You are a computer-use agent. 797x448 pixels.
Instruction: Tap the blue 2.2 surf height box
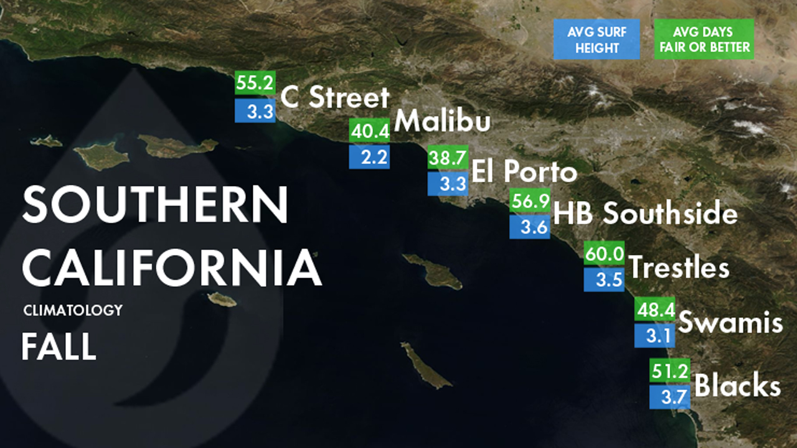369,157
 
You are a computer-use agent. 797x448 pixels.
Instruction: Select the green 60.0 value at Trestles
604,254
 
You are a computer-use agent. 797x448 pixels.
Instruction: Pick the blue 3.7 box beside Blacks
669,396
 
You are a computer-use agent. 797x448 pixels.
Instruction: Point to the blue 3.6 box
530,226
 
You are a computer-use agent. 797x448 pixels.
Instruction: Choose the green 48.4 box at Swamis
654,309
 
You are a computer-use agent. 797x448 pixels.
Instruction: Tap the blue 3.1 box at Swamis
654,336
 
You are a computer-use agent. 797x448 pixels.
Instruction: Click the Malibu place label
442,121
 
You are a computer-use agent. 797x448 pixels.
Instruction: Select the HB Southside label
645,213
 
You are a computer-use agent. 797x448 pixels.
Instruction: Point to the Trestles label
679,268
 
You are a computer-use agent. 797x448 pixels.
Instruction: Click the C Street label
335,98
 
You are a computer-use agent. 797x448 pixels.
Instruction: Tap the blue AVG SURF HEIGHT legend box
597,39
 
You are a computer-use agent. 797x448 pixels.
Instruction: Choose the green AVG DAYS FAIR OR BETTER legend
704,39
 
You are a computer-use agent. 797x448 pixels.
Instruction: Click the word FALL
59,347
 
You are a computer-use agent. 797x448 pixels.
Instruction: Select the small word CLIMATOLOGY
73,310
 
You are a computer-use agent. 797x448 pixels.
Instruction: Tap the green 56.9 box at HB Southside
530,200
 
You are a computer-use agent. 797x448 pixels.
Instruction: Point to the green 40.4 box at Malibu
369,131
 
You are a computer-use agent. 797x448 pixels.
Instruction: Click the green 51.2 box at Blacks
669,371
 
